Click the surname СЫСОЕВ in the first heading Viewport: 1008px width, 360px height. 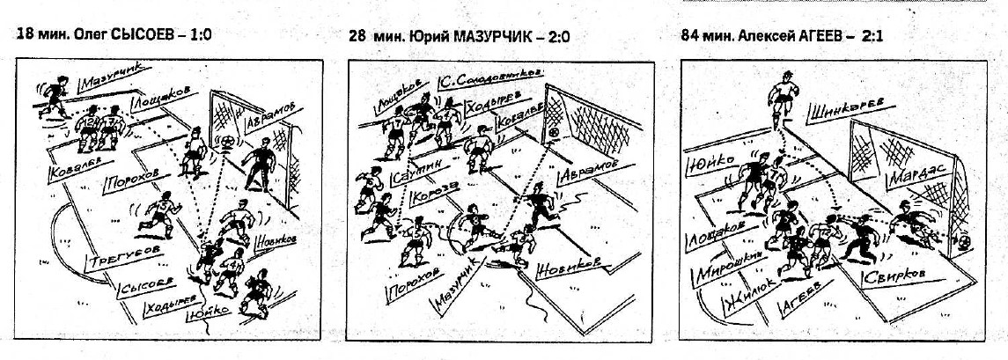click(x=147, y=36)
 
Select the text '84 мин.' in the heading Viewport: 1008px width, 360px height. click(x=703, y=38)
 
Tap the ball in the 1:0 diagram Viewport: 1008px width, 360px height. click(x=226, y=140)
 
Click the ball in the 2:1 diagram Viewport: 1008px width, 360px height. click(x=964, y=239)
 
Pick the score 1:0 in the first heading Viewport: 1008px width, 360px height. click(x=199, y=36)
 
